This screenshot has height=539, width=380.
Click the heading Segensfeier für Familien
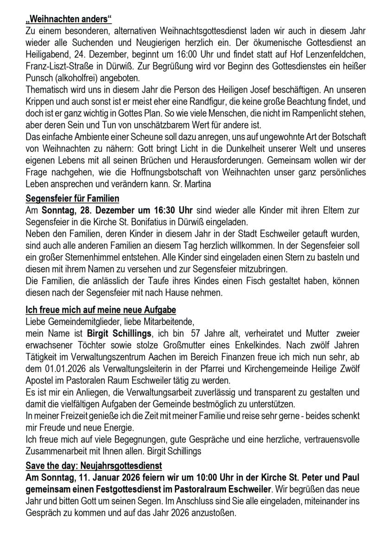click(x=72, y=199)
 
